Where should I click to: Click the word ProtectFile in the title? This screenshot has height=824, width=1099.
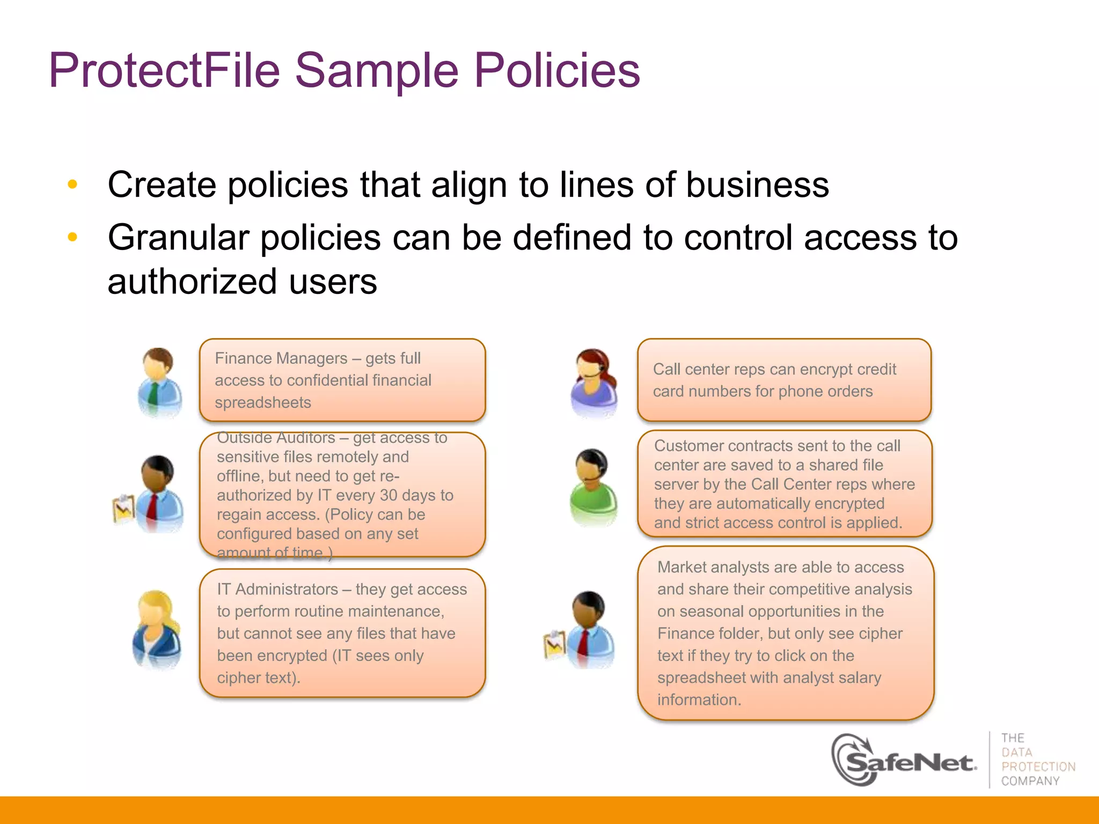click(x=164, y=70)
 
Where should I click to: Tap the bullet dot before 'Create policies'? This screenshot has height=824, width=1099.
click(x=72, y=185)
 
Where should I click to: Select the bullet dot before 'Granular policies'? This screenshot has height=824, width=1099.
click(x=72, y=237)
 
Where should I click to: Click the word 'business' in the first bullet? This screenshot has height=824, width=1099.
click(x=757, y=185)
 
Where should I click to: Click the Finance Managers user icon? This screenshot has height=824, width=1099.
click(x=159, y=382)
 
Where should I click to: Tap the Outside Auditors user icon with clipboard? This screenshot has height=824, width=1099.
click(x=150, y=494)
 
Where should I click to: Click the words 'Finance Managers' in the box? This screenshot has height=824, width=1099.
click(x=281, y=358)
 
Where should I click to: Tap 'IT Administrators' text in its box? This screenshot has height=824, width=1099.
click(x=277, y=589)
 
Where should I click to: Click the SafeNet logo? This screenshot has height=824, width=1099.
click(x=904, y=761)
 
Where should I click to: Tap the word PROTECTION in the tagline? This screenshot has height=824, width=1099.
click(x=1038, y=767)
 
